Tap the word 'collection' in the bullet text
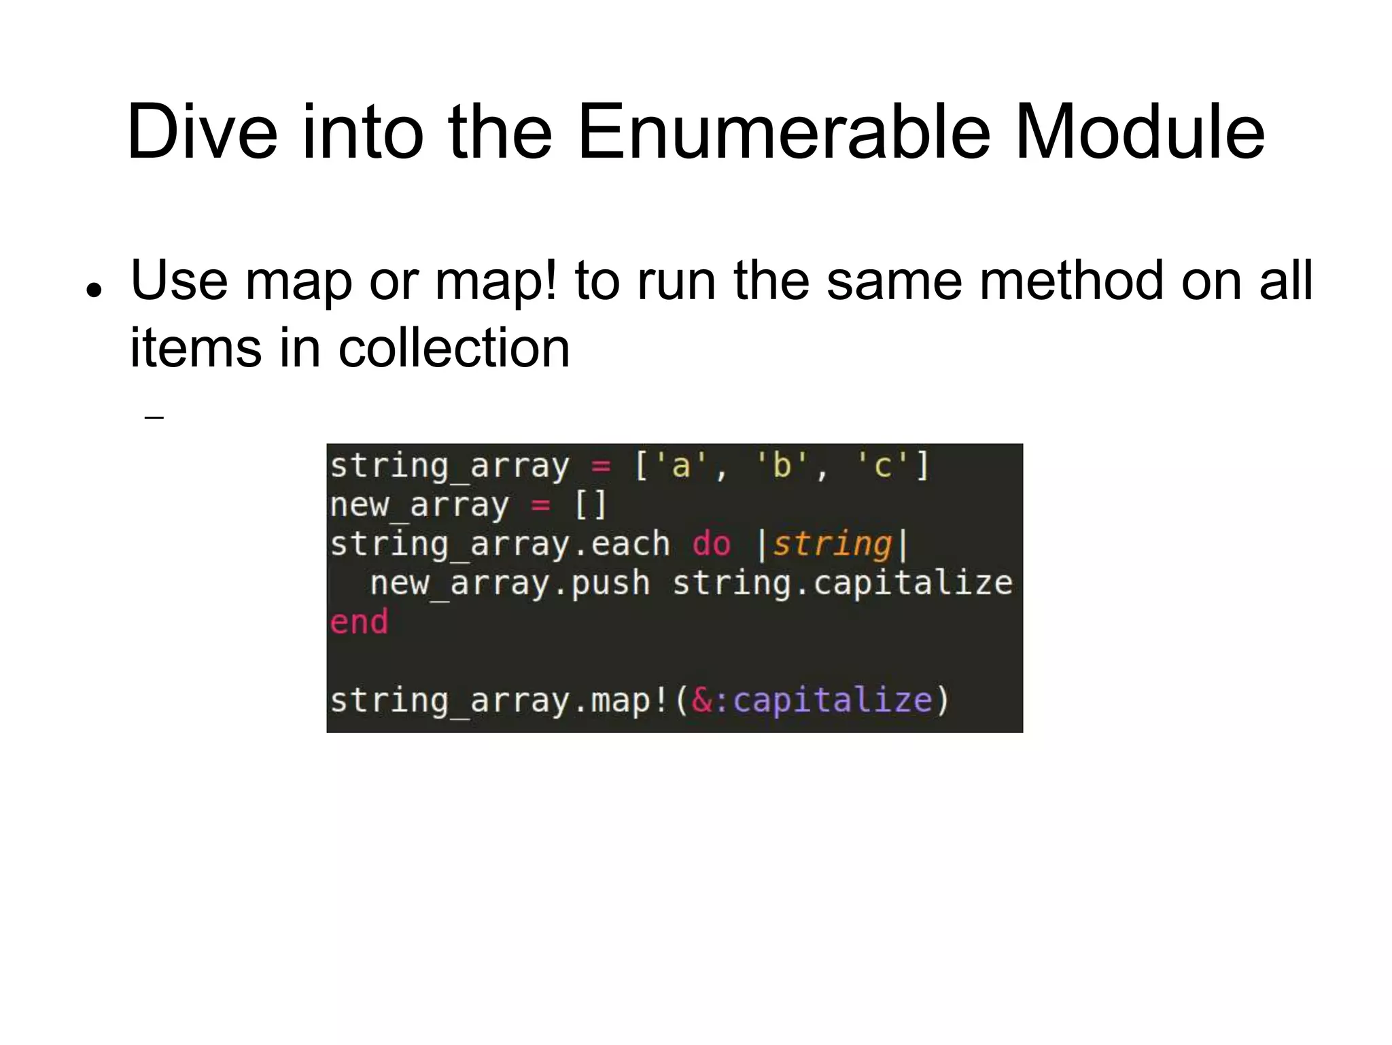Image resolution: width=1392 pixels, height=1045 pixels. pos(453,348)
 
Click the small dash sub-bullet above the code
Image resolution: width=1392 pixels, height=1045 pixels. pos(154,417)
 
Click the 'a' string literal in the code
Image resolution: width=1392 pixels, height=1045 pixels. pos(680,466)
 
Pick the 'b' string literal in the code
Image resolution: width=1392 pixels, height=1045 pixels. pos(782,466)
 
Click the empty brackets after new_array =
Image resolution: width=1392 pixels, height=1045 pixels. pos(590,505)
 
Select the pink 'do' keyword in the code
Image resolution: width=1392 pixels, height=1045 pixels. pos(711,545)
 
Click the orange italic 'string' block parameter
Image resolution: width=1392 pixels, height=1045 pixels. pos(831,545)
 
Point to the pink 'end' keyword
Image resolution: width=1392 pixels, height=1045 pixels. pos(359,622)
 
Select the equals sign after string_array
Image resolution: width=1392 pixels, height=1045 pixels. pos(601,466)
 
